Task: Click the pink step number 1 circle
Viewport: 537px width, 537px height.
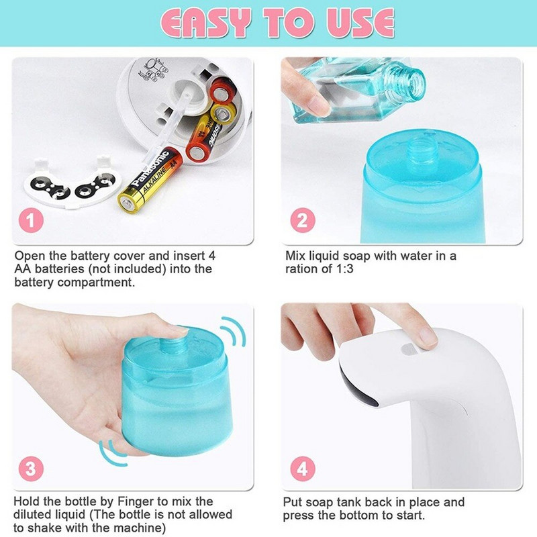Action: tap(31, 221)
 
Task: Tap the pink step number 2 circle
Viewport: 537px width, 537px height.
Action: tap(303, 221)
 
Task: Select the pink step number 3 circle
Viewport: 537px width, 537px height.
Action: tap(31, 468)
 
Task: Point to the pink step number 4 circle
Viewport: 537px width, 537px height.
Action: tap(303, 469)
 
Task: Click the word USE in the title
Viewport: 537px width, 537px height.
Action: tap(360, 23)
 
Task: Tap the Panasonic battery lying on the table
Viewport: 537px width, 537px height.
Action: tap(150, 180)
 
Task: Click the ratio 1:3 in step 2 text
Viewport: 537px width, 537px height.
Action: tap(343, 269)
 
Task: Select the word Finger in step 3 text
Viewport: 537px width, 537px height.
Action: tap(136, 501)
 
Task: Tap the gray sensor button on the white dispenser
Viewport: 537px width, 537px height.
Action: tap(409, 348)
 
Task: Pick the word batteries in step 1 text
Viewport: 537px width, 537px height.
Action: tap(60, 269)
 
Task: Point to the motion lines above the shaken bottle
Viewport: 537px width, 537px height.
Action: tap(233, 332)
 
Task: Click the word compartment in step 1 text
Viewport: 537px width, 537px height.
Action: tap(95, 283)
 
